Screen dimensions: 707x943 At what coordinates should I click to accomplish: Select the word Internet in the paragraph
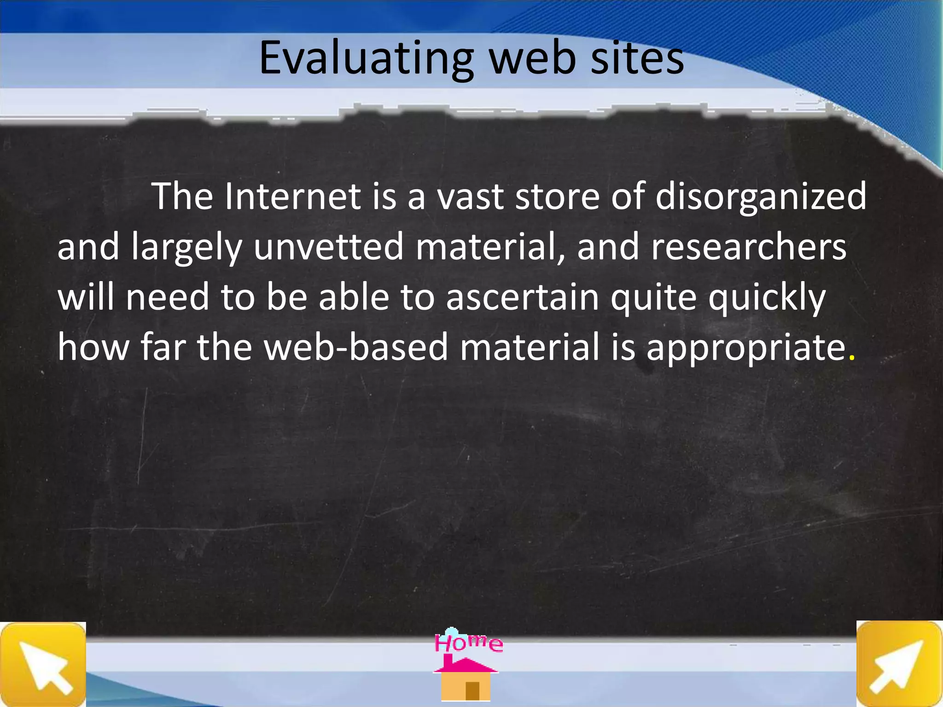[x=293, y=197]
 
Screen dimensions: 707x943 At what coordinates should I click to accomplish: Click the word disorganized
[x=761, y=197]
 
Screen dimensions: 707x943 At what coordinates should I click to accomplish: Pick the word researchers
[x=749, y=247]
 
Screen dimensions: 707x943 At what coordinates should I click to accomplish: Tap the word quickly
[x=767, y=298]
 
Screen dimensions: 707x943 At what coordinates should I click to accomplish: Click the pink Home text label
[x=468, y=642]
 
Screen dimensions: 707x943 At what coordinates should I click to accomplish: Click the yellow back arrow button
[x=43, y=664]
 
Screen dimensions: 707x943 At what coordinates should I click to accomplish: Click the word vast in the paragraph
[x=470, y=197]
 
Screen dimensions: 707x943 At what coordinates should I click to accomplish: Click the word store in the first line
[x=557, y=197]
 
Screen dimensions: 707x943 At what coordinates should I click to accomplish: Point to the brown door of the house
[x=472, y=690]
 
